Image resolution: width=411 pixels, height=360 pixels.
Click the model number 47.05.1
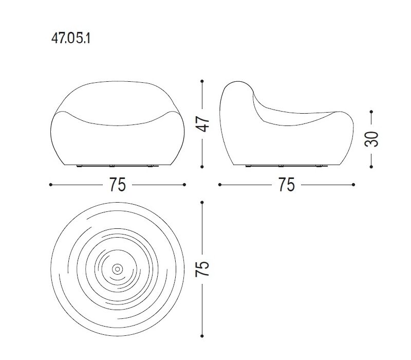(71, 39)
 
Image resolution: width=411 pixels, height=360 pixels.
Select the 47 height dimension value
(202, 124)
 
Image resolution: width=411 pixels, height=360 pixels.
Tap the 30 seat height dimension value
(371, 139)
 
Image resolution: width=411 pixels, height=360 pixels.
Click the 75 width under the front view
(118, 185)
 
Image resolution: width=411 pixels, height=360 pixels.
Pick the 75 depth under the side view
(287, 185)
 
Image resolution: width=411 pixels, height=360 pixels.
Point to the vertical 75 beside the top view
(202, 268)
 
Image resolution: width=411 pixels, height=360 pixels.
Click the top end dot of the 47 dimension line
(202, 81)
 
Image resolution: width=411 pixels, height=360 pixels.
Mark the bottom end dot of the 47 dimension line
(202, 167)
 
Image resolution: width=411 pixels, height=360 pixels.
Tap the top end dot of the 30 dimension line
(371, 112)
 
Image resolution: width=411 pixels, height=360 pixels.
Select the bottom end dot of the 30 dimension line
(371, 167)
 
